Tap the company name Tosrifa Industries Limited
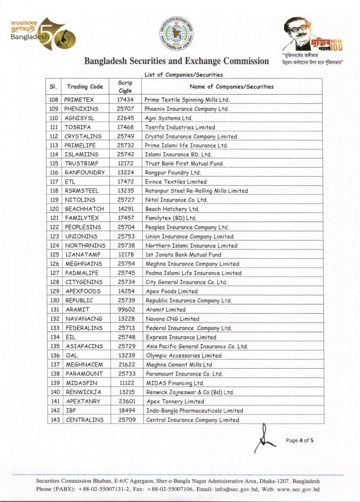[x=180, y=127]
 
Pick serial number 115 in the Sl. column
[x=54, y=164]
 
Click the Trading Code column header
[x=85, y=87]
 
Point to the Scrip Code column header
[x=126, y=87]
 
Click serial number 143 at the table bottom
[x=54, y=420]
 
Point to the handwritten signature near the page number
[x=265, y=439]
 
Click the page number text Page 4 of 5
[x=300, y=440]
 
